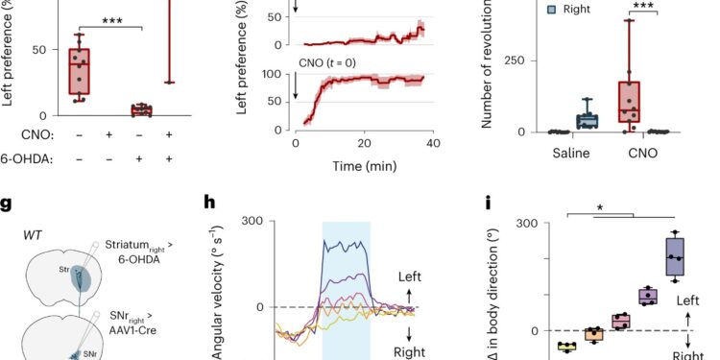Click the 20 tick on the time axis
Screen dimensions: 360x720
click(363, 141)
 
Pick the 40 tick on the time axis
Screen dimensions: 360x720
click(432, 141)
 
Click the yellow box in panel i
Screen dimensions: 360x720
click(540, 347)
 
